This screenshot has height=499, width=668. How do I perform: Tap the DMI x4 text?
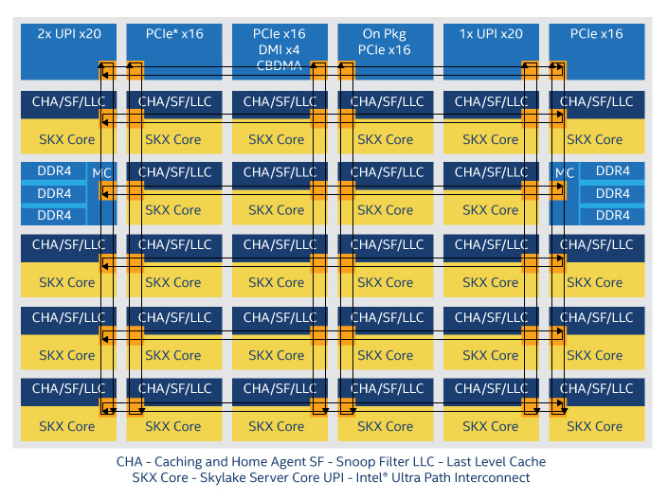pyautogui.click(x=279, y=49)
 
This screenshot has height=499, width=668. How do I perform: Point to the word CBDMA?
pyautogui.click(x=279, y=65)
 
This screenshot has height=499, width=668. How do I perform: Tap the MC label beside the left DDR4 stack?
pyautogui.click(x=101, y=172)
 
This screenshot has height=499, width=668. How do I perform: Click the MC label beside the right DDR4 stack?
pyautogui.click(x=565, y=172)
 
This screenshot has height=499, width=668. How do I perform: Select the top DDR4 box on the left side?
pyautogui.click(x=54, y=171)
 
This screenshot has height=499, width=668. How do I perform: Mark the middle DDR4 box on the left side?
pyautogui.click(x=54, y=193)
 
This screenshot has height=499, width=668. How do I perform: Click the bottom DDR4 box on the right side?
pyautogui.click(x=612, y=215)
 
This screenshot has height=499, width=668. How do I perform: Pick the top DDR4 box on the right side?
pyautogui.click(x=612, y=171)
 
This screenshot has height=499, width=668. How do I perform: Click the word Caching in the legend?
pyautogui.click(x=189, y=462)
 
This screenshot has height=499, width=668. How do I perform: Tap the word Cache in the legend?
pyautogui.click(x=523, y=462)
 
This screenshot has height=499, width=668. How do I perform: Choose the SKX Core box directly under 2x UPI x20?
pyautogui.click(x=67, y=139)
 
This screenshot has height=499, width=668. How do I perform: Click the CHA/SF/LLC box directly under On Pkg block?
pyautogui.click(x=386, y=102)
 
